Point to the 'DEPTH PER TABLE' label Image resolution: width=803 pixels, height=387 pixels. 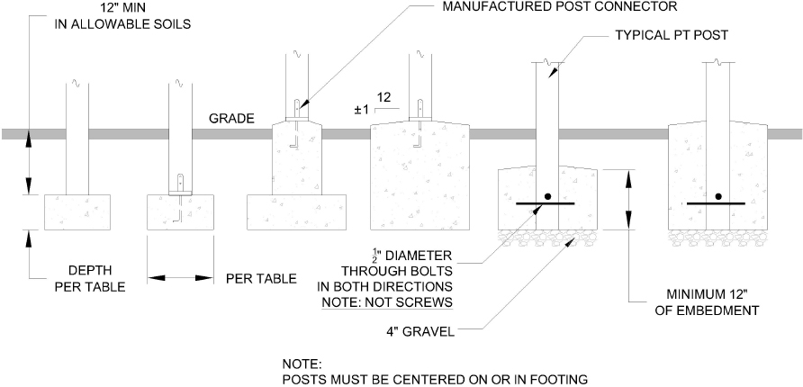[x=90, y=278]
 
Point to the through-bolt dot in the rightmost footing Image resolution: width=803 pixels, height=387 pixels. [x=717, y=196]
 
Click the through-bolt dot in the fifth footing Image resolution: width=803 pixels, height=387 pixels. [x=546, y=196]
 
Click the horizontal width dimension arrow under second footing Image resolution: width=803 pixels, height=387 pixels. [x=180, y=278]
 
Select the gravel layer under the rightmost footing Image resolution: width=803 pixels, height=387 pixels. [x=717, y=237]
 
